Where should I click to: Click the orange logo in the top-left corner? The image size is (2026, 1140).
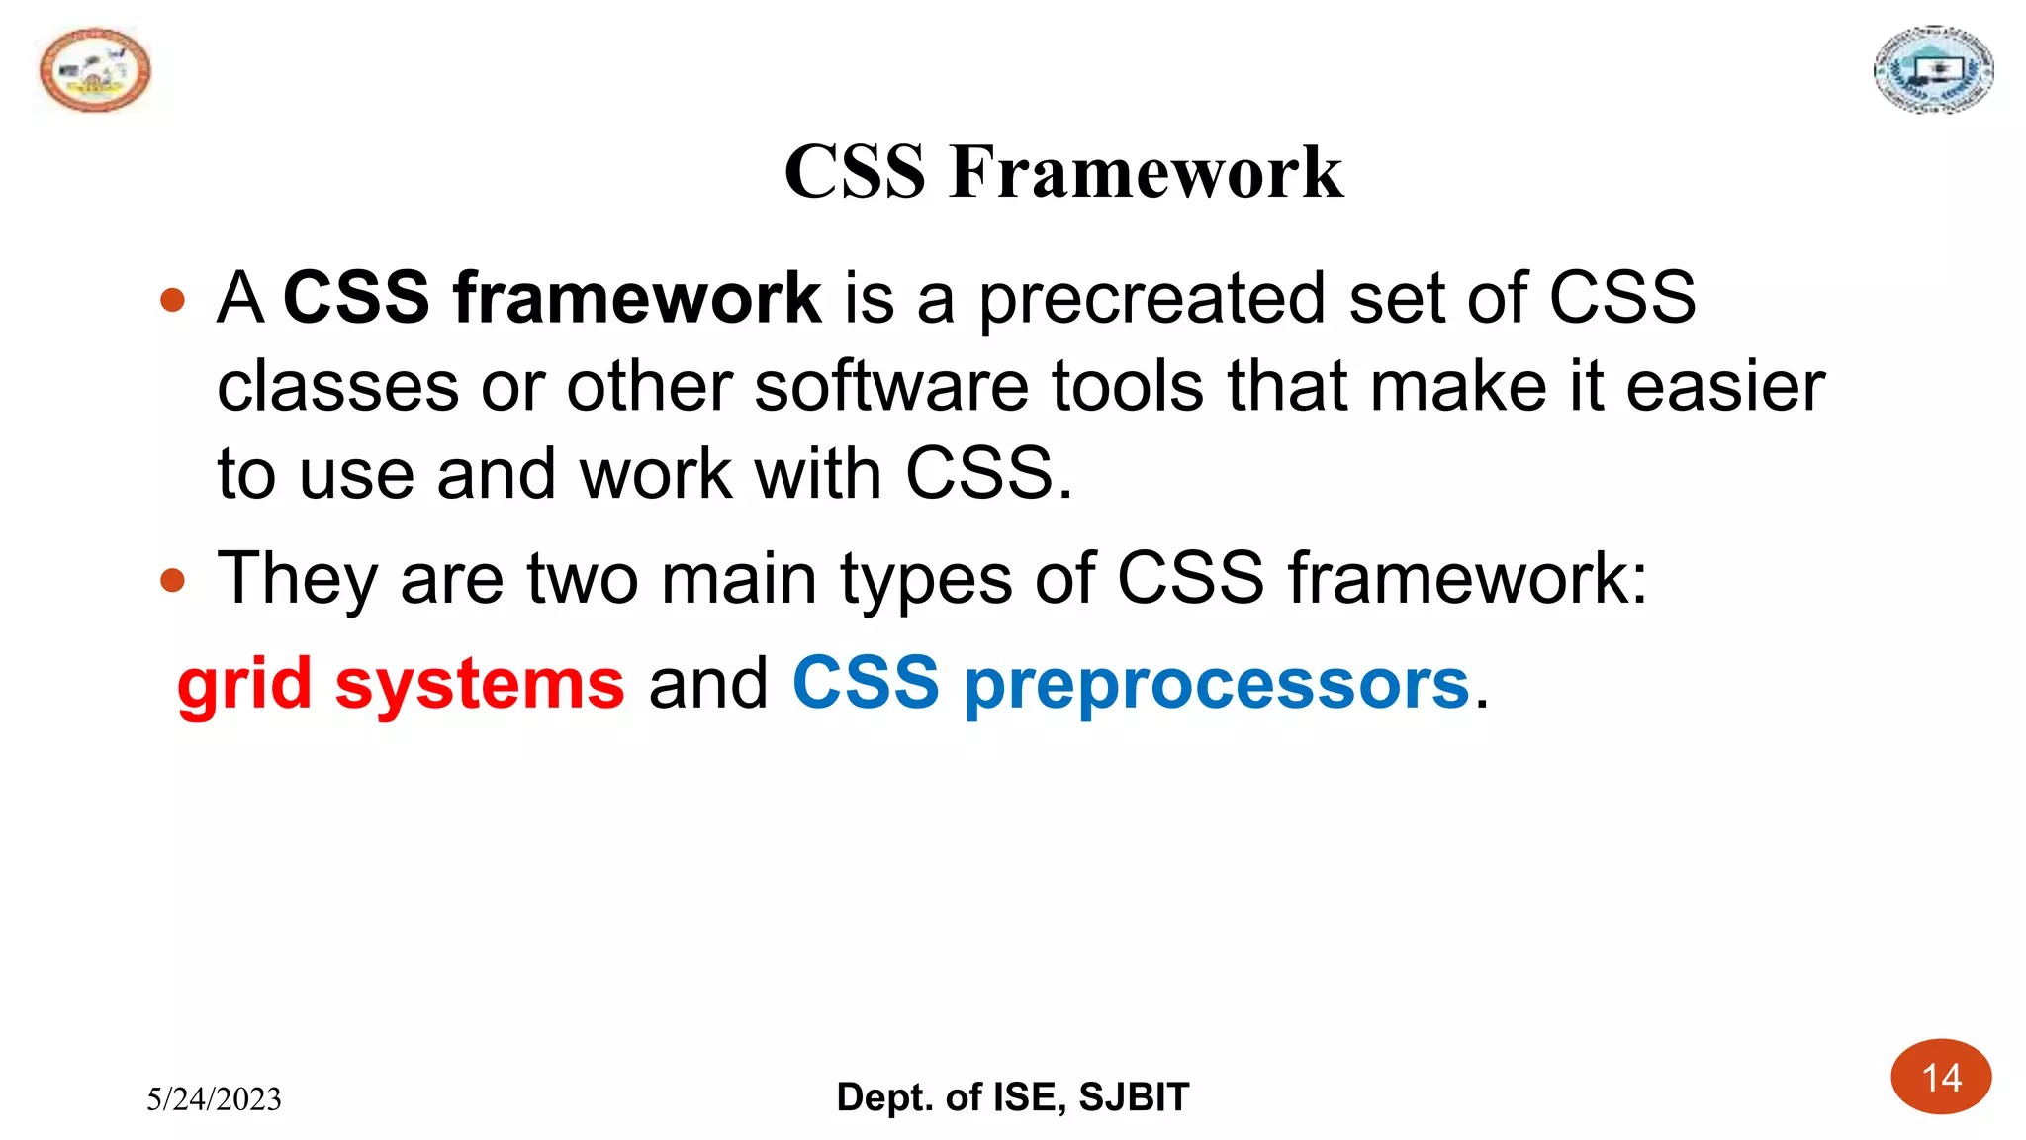pos(95,70)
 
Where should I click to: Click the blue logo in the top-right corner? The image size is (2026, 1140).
pos(1933,70)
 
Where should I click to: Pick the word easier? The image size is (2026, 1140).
pos(1725,386)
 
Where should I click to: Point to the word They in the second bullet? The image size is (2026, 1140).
pos(297,579)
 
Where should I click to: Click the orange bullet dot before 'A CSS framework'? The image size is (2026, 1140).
pos(172,300)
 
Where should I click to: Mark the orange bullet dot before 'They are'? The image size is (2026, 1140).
pos(172,580)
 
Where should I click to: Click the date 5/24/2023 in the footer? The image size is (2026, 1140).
pos(214,1099)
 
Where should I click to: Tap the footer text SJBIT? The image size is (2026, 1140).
pos(1134,1097)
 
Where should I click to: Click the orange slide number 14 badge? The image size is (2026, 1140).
pos(1941,1078)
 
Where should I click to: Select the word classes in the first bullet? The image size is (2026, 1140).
pos(337,386)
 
